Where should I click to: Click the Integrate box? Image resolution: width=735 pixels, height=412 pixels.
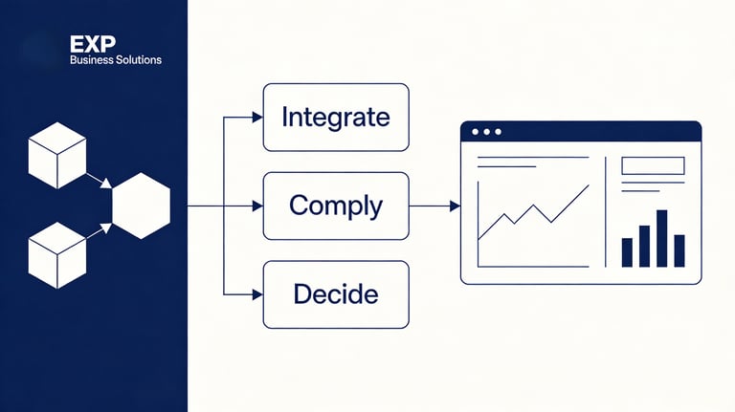[335, 117]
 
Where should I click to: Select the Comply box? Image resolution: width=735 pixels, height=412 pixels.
[335, 206]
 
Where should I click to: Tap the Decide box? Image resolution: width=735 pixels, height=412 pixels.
[335, 294]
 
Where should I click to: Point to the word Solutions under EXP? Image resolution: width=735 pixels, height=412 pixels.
[137, 60]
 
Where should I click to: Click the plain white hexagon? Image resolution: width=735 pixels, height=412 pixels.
[141, 205]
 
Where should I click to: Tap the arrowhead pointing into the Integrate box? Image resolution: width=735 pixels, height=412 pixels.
[256, 117]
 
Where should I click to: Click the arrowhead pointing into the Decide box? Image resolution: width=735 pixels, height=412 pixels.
[256, 294]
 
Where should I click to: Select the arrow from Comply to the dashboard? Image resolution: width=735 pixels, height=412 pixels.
[434, 206]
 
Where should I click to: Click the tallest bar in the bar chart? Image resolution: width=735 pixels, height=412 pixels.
[661, 238]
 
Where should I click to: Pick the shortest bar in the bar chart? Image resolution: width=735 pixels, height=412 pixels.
[628, 252]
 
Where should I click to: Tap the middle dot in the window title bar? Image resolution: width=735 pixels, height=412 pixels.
[486, 131]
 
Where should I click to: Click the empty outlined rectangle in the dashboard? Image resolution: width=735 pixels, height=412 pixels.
[653, 165]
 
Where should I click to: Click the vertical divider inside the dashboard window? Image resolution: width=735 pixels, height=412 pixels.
[606, 212]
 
